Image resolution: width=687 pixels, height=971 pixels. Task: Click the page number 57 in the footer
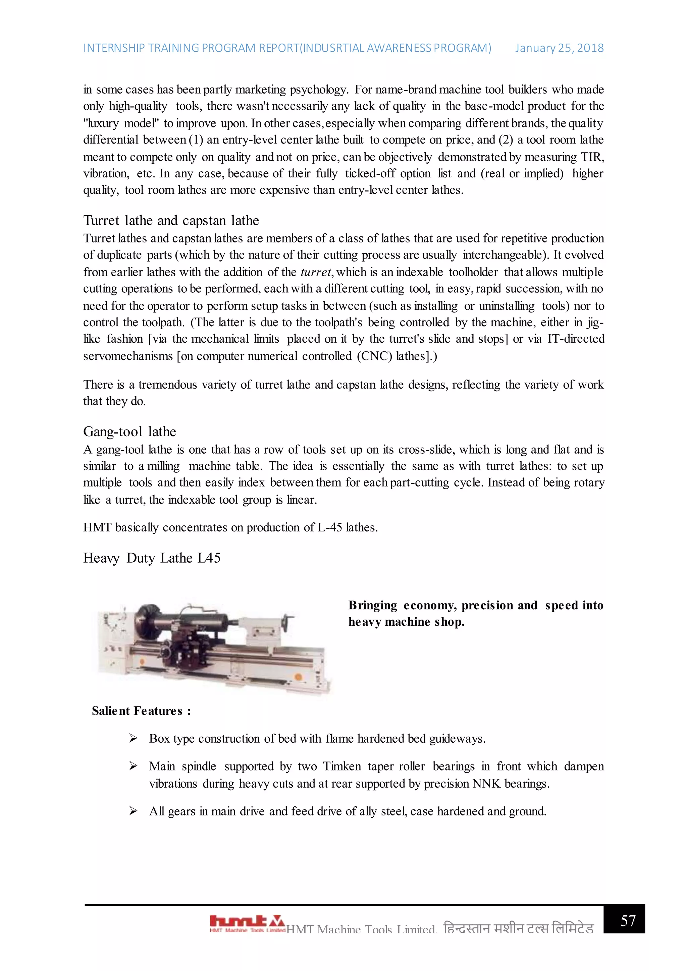click(628, 921)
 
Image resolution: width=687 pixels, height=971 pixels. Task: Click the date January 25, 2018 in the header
click(559, 48)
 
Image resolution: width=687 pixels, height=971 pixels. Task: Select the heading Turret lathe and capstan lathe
click(171, 221)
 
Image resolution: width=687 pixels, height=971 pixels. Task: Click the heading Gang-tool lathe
click(129, 432)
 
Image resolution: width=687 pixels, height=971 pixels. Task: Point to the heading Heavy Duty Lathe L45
click(151, 558)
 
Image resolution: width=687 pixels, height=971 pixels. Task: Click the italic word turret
click(316, 272)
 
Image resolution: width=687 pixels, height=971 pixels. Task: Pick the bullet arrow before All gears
click(133, 811)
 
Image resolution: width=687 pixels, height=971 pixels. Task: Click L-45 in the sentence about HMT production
click(329, 528)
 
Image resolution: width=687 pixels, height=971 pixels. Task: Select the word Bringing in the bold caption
click(372, 606)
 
